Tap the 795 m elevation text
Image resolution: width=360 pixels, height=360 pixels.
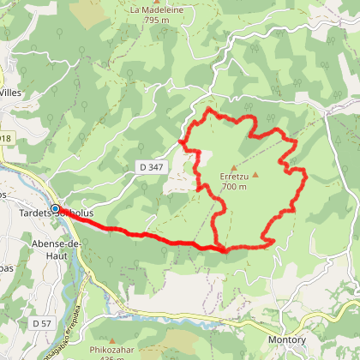point(156,20)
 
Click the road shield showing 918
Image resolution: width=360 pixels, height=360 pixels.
point(6,138)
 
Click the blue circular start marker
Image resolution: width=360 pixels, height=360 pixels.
point(56,208)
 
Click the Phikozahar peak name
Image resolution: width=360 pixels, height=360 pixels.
point(111,350)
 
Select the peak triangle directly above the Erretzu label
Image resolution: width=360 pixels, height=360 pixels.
point(233,166)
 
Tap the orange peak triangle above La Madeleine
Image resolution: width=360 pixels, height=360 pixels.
point(156,2)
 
